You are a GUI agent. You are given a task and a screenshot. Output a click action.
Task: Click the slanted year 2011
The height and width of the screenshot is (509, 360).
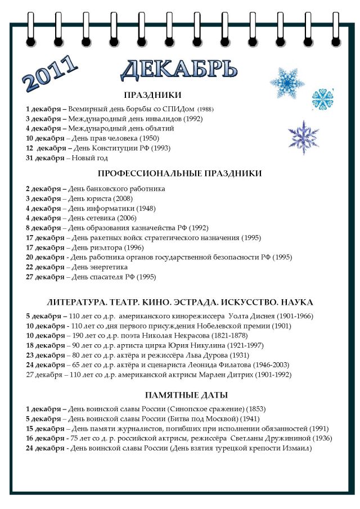click(x=51, y=73)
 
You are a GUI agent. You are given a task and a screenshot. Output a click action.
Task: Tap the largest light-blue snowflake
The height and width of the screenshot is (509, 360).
click(x=287, y=82)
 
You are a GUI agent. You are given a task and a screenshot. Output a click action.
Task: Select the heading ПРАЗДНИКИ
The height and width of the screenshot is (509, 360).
click(x=152, y=95)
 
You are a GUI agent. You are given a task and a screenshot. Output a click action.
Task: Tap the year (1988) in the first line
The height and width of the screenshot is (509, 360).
click(x=205, y=109)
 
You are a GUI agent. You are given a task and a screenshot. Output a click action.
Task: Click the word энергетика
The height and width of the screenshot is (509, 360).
click(x=102, y=267)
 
